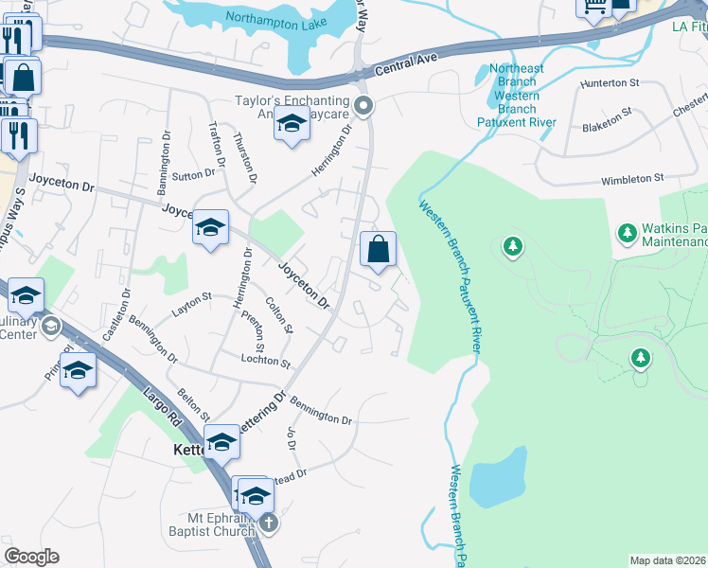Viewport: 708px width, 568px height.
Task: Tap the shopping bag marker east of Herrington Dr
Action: point(378,250)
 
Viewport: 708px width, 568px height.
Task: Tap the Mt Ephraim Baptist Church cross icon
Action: point(269,523)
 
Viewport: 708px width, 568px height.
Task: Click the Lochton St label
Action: point(265,361)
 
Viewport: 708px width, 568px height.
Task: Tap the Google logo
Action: point(31,556)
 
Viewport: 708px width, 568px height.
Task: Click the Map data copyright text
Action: point(667,560)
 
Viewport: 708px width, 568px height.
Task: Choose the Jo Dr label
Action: point(291,438)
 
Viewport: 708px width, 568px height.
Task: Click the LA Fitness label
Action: point(688,27)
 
